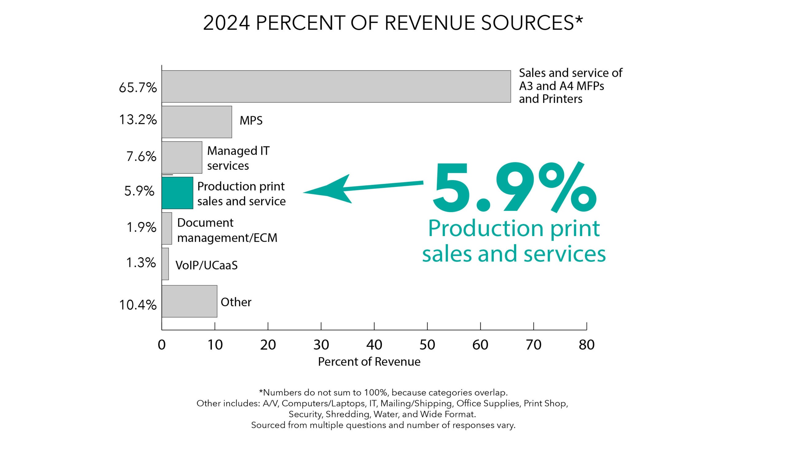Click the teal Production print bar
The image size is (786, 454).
pos(177,193)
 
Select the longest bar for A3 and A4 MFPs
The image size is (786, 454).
pos(336,86)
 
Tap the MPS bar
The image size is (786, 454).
pos(196,122)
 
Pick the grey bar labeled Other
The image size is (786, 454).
pos(189,301)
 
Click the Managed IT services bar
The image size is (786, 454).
pos(181,157)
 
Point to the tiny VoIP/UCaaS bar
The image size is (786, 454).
pos(165,264)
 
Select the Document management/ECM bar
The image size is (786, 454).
pos(167,228)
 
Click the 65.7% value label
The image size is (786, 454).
pos(138,88)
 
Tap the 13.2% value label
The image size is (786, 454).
pos(138,120)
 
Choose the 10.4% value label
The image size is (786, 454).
pos(138,305)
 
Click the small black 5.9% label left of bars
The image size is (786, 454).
pos(139,191)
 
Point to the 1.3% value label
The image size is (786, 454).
pos(141,263)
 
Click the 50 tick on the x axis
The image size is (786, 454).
pos(427,345)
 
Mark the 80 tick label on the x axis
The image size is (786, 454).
pos(586,345)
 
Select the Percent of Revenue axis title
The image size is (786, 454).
pos(369,362)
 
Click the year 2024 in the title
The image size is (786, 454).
pos(226,23)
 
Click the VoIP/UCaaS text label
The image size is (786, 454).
pos(206,265)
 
